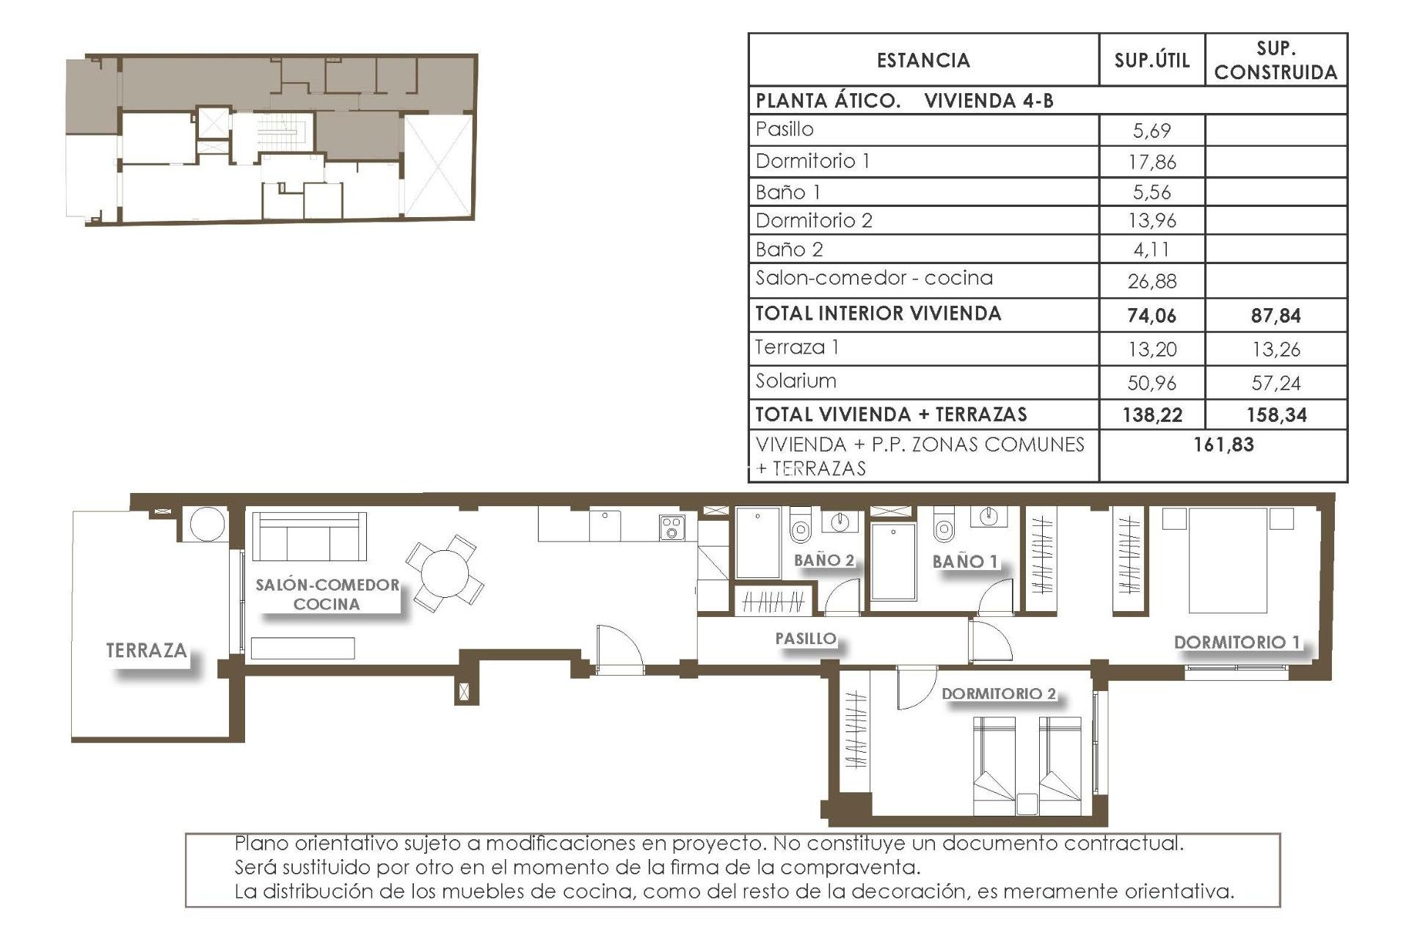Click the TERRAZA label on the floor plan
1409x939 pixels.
(146, 650)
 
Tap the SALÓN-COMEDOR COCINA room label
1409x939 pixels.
(327, 594)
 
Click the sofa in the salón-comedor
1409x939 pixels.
(309, 536)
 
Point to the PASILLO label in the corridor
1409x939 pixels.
(806, 638)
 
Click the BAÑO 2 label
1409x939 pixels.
(824, 560)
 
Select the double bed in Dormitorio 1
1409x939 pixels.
(1228, 560)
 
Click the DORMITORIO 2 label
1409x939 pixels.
(998, 693)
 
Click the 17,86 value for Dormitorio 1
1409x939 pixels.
(1151, 161)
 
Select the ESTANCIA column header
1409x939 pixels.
(923, 60)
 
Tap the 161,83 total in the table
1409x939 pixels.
(1223, 445)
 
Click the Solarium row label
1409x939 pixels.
(795, 381)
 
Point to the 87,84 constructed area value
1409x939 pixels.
(1275, 315)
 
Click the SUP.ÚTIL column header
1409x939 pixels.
(1151, 60)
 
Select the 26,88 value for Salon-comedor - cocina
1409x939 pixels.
(1151, 281)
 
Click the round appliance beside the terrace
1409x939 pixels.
(207, 525)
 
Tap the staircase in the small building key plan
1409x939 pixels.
(279, 134)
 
